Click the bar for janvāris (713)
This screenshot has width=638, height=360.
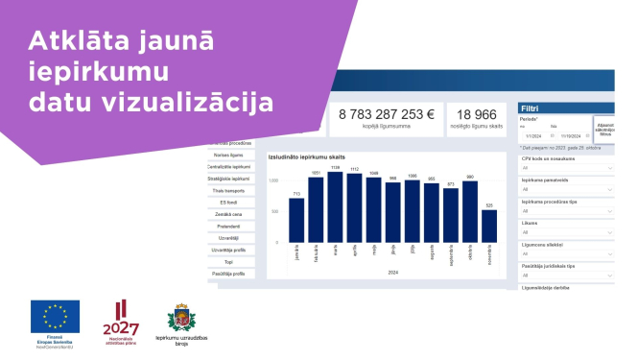tap(295, 219)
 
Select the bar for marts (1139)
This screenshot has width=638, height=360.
tap(335, 206)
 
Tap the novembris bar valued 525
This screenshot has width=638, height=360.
tap(489, 225)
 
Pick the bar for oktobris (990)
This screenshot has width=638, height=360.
tap(470, 210)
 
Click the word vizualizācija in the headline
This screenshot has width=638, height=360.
tap(183, 102)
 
